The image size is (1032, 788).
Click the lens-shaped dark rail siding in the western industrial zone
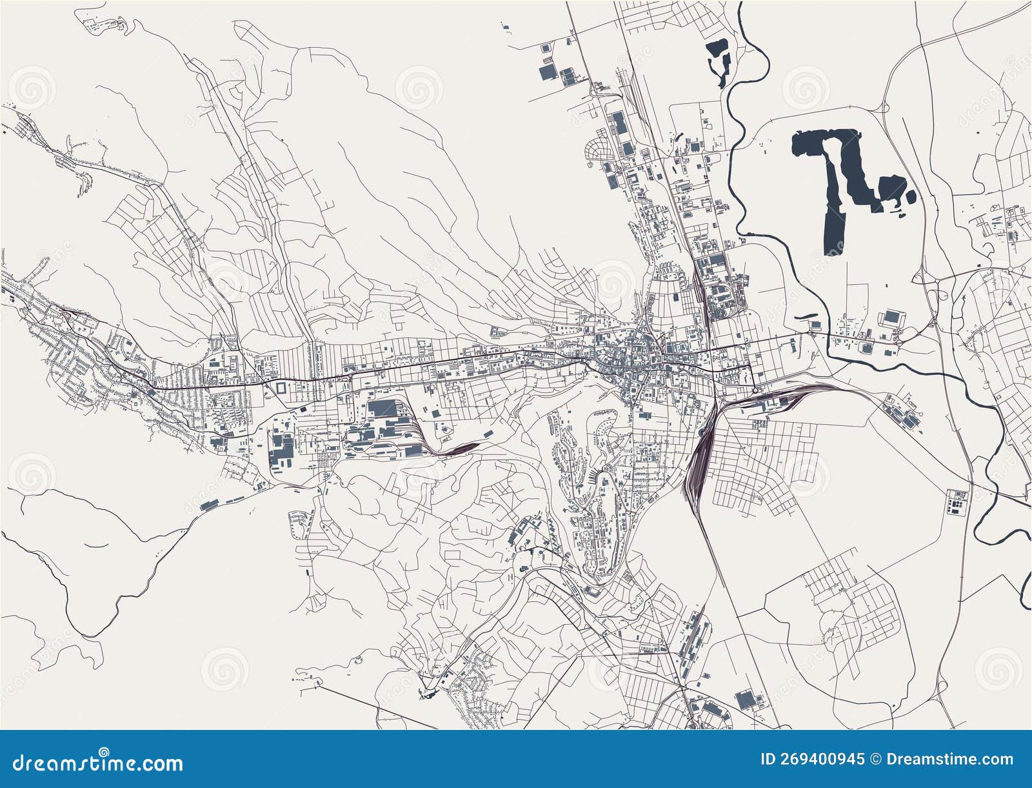click(463, 448)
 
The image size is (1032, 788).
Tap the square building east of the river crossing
click(891, 316)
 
